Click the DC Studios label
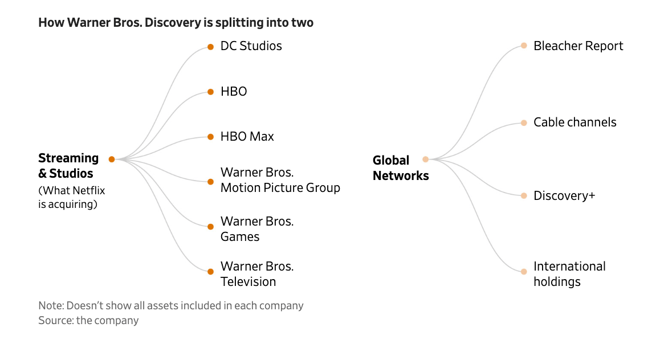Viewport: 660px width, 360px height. pos(251,46)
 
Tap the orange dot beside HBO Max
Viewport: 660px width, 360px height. pos(210,137)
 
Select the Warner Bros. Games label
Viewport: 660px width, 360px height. pos(256,229)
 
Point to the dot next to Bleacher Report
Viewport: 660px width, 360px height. pos(524,46)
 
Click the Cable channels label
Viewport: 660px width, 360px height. pos(575,122)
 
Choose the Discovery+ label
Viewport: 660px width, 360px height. pos(564,196)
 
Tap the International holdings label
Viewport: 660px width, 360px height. pos(569,274)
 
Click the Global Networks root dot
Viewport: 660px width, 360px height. pos(425,159)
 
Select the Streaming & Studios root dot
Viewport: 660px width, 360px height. pos(112,159)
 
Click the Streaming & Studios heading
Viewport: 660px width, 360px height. pos(68,166)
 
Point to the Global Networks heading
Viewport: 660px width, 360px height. pos(400,168)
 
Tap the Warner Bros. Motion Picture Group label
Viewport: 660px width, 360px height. pos(280,180)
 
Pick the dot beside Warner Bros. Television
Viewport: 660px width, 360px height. pos(210,271)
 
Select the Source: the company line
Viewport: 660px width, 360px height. pos(88,320)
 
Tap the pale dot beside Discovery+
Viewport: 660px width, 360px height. pos(524,196)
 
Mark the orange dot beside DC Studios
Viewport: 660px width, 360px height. pos(210,47)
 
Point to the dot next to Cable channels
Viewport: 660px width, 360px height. pos(524,122)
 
